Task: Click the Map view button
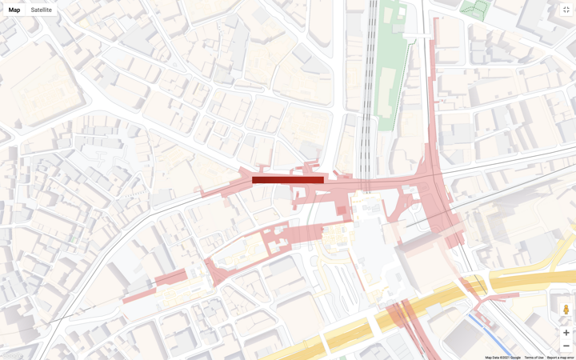[14, 10]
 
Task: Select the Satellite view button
[42, 10]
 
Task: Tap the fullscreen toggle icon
[566, 10]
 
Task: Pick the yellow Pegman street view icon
[566, 310]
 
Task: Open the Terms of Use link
[534, 358]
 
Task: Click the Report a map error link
[560, 358]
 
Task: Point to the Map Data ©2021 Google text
[502, 358]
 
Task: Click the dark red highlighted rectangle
[288, 180]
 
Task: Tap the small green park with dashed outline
[475, 10]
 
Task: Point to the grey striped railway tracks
[369, 80]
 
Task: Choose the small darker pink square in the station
[342, 210]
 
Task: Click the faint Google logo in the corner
[11, 355]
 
